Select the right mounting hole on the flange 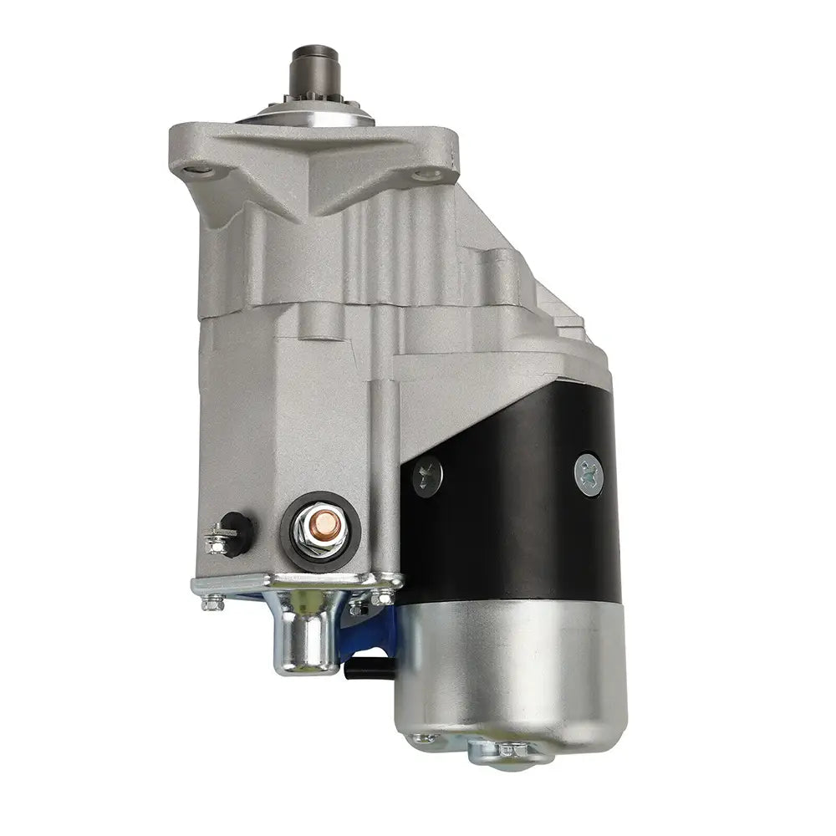(432, 174)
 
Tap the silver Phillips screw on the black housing (589, 474)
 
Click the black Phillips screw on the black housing (427, 477)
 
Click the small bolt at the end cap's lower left (426, 738)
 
